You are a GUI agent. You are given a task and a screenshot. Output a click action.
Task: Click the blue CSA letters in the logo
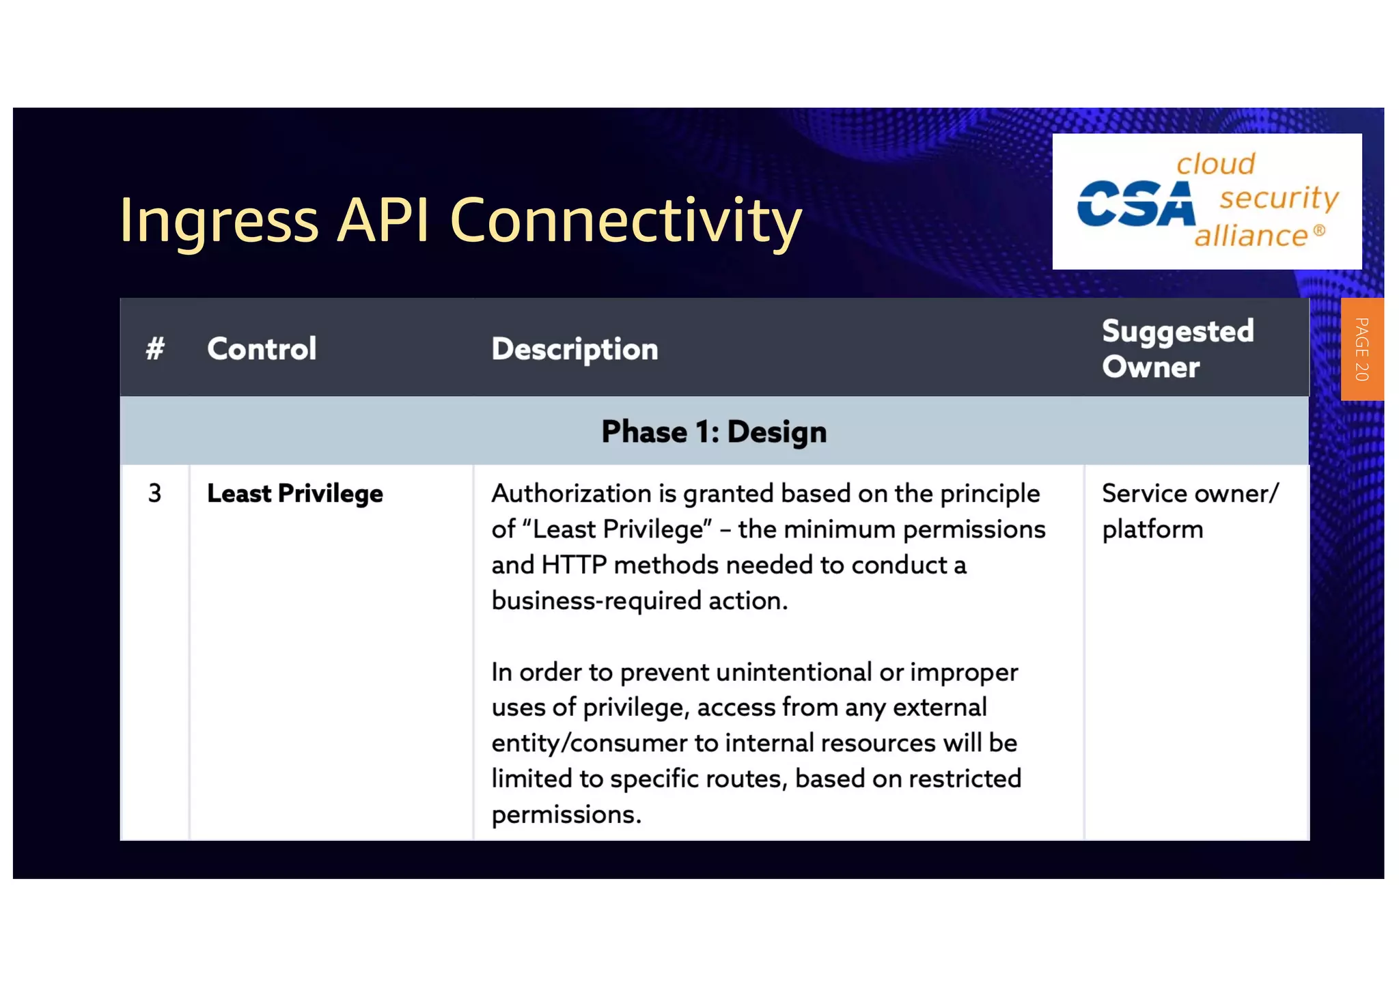pos(1136,204)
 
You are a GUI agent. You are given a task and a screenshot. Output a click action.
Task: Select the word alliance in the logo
pos(1251,236)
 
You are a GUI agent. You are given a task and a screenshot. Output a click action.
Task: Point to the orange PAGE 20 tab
pos(1361,349)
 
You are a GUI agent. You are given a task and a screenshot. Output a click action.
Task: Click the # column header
pos(155,349)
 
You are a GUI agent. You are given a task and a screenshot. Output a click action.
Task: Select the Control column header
pos(262,349)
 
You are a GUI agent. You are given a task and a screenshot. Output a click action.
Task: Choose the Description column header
pos(574,349)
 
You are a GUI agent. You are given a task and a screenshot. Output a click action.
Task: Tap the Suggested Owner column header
pos(1178,349)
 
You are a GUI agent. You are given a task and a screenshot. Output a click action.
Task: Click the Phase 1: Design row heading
pos(714,432)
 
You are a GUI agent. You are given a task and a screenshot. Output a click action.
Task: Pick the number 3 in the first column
pos(155,493)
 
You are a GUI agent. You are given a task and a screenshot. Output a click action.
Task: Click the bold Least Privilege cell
pos(294,493)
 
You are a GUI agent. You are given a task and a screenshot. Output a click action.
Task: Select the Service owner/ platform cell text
pos(1189,511)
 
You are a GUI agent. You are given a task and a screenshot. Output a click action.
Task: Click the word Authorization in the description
pos(571,493)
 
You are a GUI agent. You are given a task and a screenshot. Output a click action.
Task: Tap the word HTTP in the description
pos(574,565)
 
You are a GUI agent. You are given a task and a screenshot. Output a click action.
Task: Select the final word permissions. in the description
pos(566,814)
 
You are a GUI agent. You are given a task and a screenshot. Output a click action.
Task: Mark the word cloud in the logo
pos(1215,164)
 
